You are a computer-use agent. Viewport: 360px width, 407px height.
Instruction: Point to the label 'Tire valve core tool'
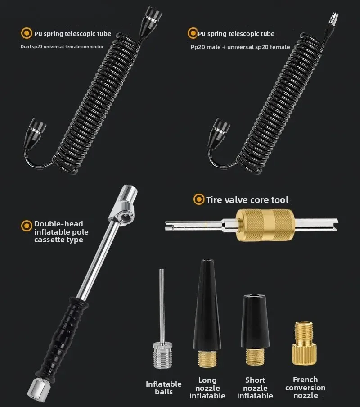point(247,200)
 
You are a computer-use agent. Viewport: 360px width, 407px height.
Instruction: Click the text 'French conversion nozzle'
point(305,388)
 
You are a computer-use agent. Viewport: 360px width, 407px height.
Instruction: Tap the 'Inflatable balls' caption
point(164,388)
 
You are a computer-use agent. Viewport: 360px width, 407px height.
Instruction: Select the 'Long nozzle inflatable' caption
point(207,388)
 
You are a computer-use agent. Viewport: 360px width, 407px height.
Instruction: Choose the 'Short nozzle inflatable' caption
point(255,388)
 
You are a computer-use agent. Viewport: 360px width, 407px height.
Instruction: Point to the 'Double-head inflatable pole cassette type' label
point(61,231)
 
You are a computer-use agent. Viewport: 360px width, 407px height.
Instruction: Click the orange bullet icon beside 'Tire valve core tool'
point(198,199)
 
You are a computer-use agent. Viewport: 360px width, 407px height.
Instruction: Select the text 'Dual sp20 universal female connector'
point(62,46)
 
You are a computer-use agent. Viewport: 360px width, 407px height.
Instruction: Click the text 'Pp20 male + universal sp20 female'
point(238,47)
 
